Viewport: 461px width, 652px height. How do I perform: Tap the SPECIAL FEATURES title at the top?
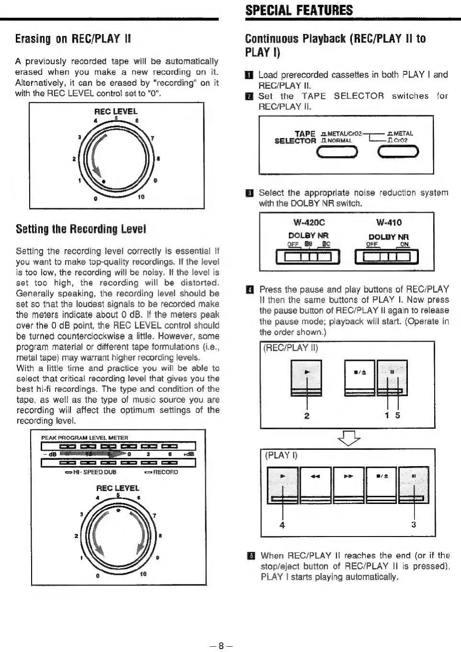(x=299, y=10)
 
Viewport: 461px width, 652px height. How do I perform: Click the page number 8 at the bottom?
(x=221, y=645)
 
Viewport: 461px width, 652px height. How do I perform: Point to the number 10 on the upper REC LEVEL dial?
(x=142, y=196)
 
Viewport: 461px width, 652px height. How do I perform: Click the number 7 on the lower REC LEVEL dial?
(x=154, y=515)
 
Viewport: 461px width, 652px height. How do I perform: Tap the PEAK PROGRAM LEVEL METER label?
(x=85, y=438)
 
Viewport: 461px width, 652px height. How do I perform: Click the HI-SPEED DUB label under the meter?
(x=93, y=472)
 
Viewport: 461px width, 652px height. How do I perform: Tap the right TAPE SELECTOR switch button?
(x=398, y=152)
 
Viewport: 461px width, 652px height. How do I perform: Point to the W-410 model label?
(x=389, y=222)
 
